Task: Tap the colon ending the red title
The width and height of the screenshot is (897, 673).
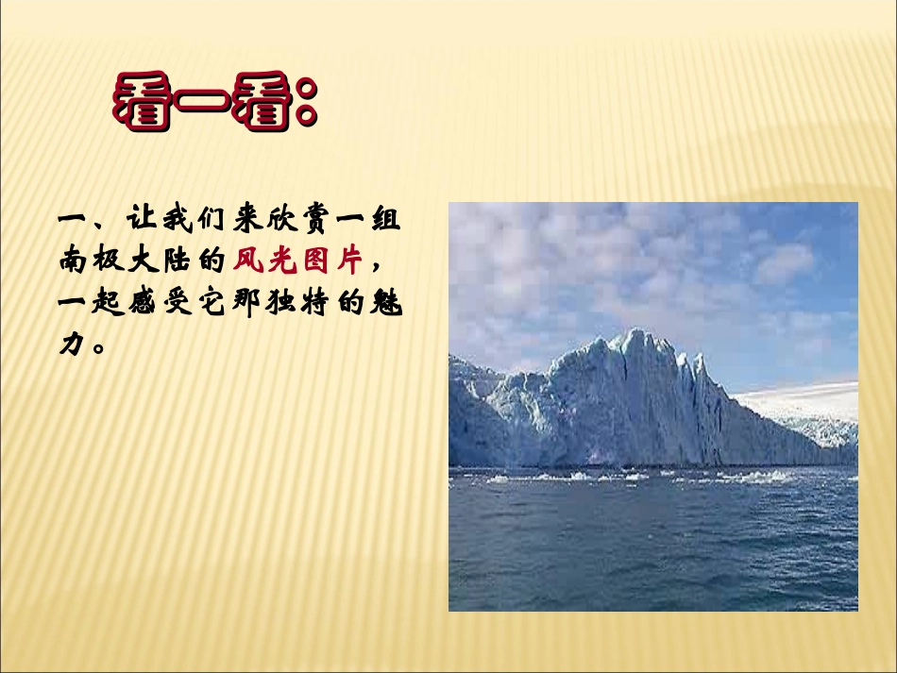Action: click(306, 107)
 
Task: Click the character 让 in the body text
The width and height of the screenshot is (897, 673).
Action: click(140, 224)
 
